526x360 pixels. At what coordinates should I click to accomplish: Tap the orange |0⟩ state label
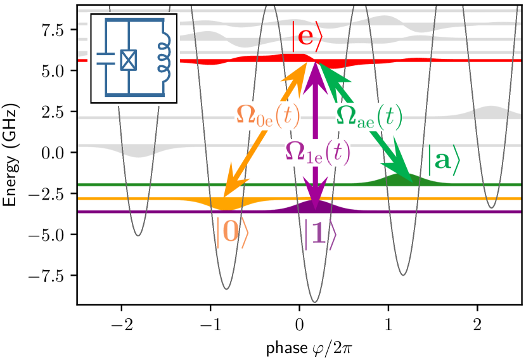[x=232, y=233]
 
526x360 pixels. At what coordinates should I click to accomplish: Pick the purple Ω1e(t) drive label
[x=318, y=152]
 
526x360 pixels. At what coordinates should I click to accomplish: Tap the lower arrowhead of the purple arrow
[x=316, y=191]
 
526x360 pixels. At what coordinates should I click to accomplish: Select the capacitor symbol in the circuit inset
[x=105, y=60]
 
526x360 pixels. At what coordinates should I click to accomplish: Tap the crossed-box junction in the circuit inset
[x=129, y=60]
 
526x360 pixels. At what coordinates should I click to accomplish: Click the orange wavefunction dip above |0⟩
[x=226, y=205]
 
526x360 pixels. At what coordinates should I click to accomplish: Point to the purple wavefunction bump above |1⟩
[x=315, y=206]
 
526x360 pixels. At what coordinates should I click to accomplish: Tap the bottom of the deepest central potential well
[x=315, y=301]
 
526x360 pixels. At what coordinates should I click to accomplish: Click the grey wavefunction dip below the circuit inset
[x=136, y=153]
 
